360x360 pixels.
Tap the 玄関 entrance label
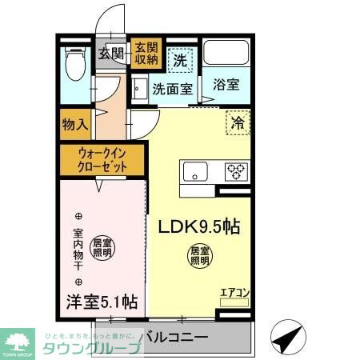pos(111,54)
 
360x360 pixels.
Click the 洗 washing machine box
pos(181,58)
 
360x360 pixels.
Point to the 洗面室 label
pos(172,90)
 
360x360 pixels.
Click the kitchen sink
pos(195,171)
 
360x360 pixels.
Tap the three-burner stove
pos(235,171)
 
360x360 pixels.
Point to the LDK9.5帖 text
pos(200,226)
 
